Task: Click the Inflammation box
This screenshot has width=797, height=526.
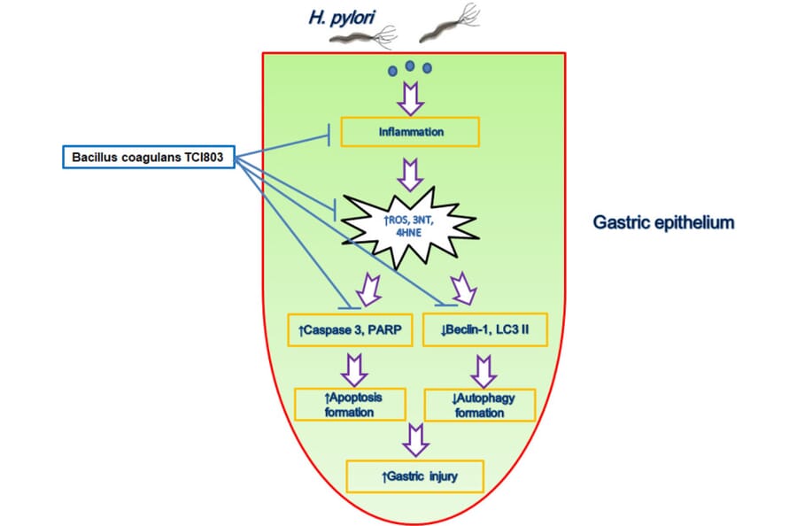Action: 410,132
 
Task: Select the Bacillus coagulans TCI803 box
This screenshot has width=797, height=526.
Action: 149,157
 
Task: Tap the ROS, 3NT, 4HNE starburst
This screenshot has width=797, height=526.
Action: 409,227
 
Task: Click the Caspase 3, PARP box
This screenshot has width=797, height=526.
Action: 350,330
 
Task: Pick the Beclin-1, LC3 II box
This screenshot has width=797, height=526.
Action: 485,329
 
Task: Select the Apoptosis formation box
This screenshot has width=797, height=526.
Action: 350,405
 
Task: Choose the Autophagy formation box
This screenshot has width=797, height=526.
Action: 480,405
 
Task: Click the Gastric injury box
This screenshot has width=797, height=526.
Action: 414,476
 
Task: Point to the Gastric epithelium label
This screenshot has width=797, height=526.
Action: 664,222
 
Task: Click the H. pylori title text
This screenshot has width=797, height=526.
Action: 342,18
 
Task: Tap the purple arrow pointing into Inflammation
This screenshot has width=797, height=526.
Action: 411,98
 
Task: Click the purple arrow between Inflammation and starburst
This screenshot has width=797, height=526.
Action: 411,174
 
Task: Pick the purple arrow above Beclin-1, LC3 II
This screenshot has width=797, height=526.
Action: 463,289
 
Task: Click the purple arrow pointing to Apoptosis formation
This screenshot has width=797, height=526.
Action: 354,370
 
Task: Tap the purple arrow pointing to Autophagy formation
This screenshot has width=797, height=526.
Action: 484,372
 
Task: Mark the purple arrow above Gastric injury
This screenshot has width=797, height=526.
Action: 416,440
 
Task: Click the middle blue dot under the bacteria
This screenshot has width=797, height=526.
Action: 410,66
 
